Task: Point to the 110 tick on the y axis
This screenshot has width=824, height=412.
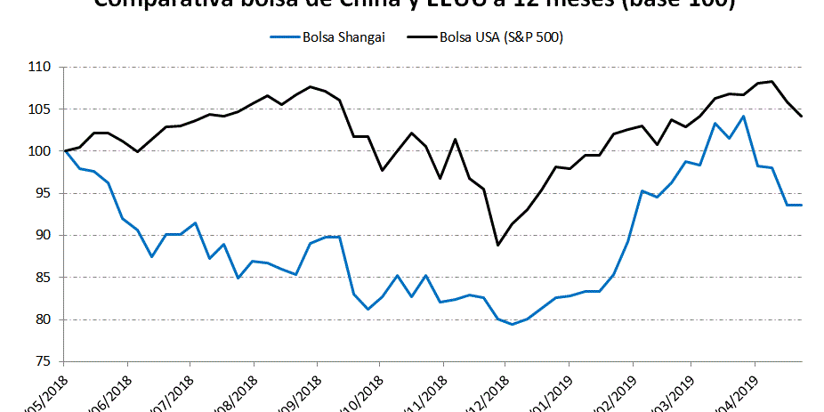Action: [41, 68]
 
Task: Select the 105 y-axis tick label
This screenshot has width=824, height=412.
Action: [41, 109]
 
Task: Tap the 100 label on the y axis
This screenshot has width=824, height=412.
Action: [41, 151]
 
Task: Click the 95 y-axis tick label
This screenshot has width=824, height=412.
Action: [44, 193]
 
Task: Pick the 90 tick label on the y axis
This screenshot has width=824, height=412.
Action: [44, 236]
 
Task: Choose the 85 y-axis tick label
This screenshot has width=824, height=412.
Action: [44, 278]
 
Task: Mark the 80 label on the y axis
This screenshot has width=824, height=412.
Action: [44, 319]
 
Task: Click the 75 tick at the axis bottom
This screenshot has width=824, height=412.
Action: [44, 361]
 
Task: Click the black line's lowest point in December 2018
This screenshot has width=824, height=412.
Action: [498, 245]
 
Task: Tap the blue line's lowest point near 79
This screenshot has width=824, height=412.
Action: [512, 324]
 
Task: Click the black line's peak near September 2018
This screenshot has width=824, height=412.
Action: [310, 86]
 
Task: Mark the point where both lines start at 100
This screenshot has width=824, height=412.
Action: [64, 151]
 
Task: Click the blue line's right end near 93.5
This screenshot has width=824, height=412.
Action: [802, 205]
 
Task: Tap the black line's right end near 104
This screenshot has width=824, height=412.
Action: [802, 116]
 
